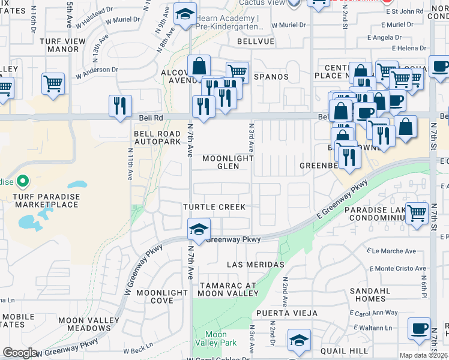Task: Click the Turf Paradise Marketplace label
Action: [x=41, y=199]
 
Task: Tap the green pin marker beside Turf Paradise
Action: [x=23, y=180]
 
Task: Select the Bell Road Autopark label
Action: [x=157, y=137]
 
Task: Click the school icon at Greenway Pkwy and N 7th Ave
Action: [x=199, y=229]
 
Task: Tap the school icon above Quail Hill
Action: [x=299, y=340]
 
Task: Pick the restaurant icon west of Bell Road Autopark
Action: [x=120, y=106]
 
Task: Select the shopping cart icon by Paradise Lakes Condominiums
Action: [x=417, y=212]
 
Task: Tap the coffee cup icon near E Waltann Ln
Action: [x=419, y=328]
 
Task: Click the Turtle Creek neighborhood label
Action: [x=214, y=207]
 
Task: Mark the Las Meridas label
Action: [x=255, y=265]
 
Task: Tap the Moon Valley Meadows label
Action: [x=85, y=324]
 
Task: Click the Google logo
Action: [x=20, y=353]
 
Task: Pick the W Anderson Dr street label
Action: [x=96, y=70]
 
